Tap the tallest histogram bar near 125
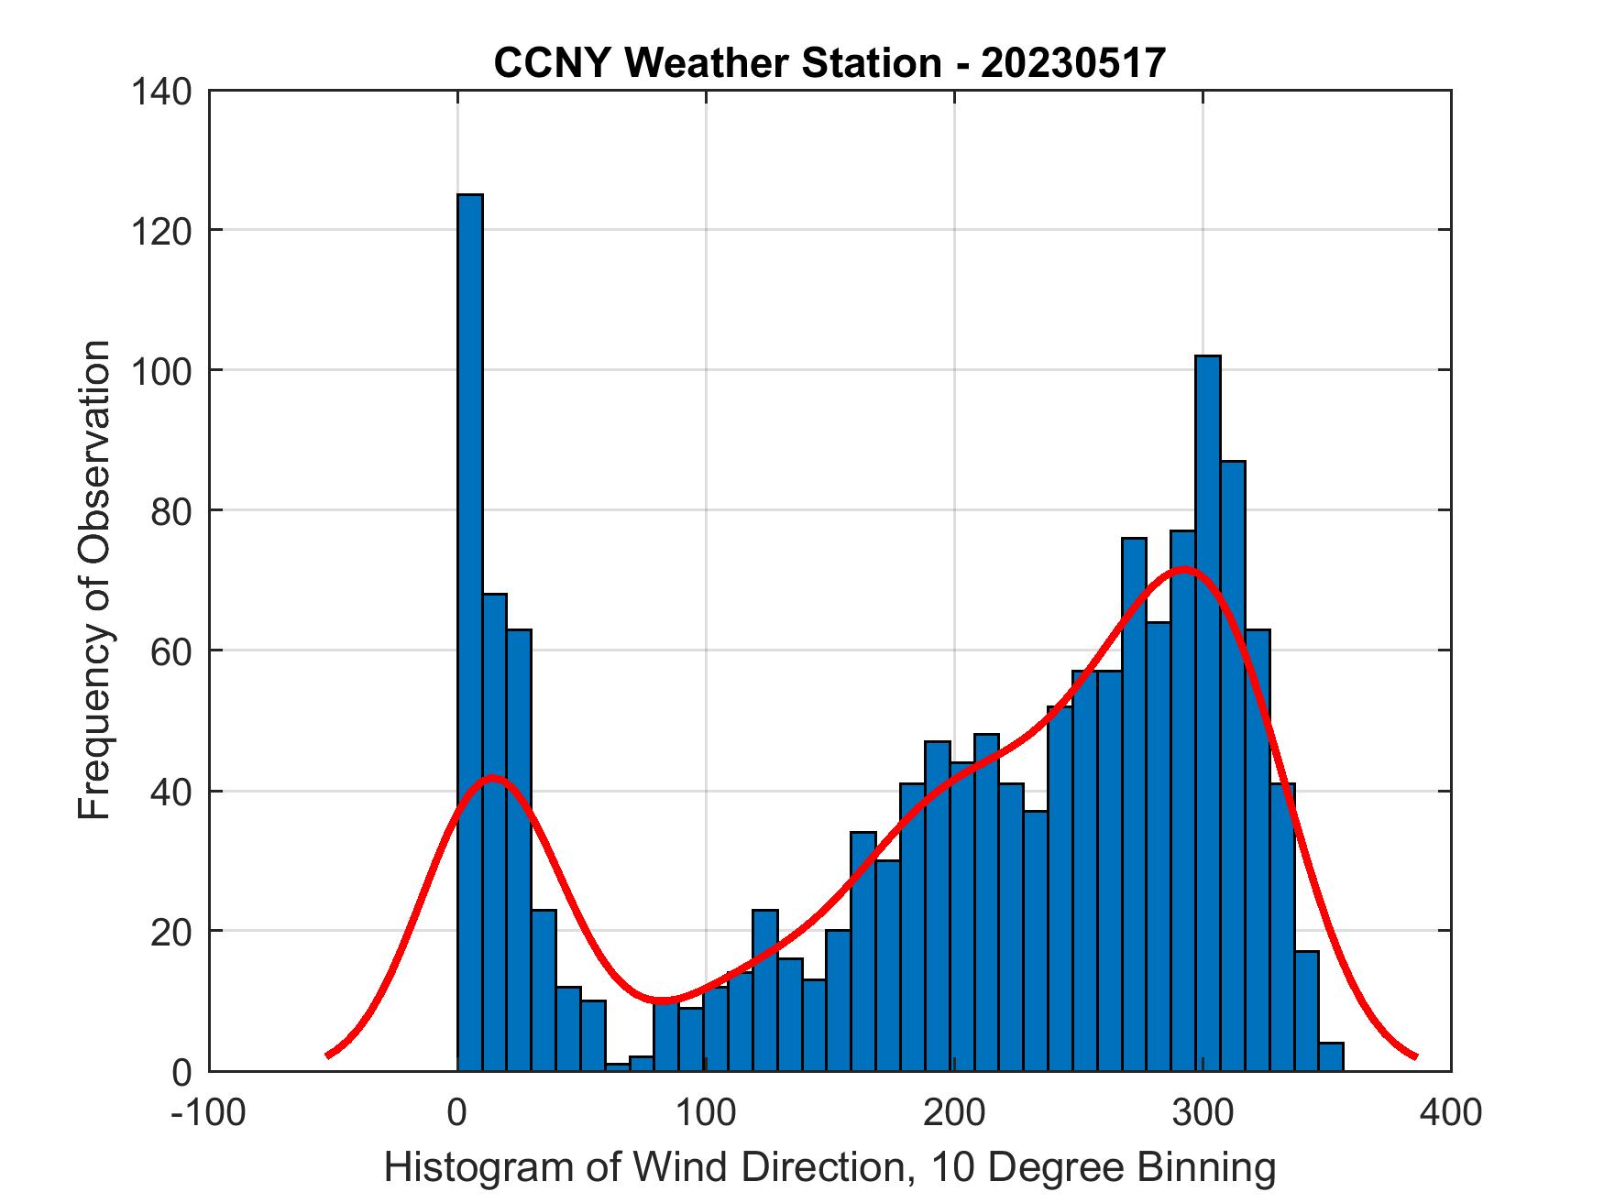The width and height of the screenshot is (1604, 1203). (x=470, y=632)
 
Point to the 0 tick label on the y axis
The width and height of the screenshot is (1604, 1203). (x=181, y=1072)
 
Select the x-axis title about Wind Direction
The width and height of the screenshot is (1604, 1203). (x=829, y=1168)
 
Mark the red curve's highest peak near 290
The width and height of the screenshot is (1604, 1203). (x=1183, y=569)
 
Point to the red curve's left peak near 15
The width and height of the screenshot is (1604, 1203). (x=492, y=778)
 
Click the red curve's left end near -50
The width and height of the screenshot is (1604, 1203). (x=328, y=1055)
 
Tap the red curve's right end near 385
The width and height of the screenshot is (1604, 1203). (x=1415, y=1056)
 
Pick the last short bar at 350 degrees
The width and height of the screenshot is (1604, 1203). (x=1331, y=1056)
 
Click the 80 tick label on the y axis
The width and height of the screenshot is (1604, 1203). (x=170, y=510)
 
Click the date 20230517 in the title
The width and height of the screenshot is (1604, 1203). (x=1074, y=63)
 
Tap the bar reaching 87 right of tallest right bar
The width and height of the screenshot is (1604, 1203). (x=1233, y=765)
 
